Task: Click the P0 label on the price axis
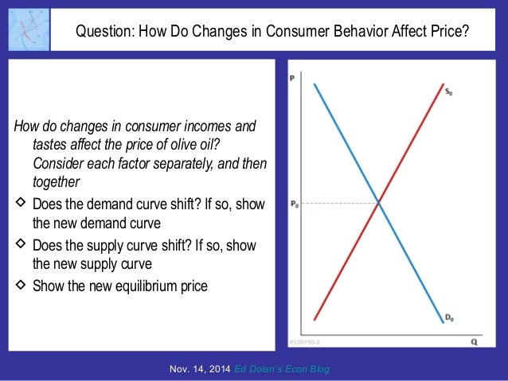click(x=294, y=204)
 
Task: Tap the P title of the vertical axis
click(x=293, y=78)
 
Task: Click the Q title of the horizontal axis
click(x=473, y=342)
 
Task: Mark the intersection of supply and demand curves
click(x=379, y=204)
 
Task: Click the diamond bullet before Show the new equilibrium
click(x=20, y=284)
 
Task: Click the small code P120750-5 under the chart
click(x=307, y=342)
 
